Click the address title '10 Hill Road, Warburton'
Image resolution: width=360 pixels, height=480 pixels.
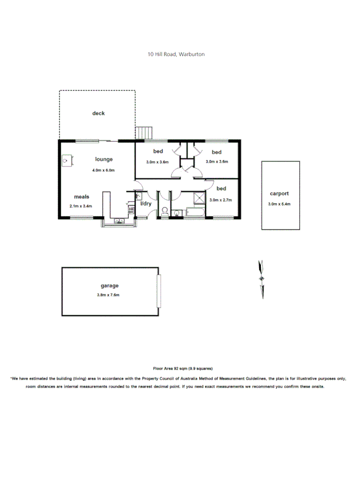click(176, 54)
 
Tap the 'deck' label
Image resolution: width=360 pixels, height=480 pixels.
click(99, 113)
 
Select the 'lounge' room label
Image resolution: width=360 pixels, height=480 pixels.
click(103, 159)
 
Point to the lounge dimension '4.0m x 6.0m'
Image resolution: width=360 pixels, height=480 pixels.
click(103, 170)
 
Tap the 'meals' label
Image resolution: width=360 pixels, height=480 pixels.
click(82, 196)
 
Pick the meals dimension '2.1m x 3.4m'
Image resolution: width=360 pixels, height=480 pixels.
click(81, 206)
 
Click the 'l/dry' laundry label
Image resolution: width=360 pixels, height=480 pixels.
click(146, 204)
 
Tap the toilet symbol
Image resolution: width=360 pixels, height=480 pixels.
click(165, 211)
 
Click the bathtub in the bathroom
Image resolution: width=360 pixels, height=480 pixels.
click(194, 213)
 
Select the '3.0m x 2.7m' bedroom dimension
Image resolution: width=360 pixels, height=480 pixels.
click(221, 200)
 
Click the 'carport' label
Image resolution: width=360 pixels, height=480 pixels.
click(279, 194)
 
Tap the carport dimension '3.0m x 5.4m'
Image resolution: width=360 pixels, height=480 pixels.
click(279, 204)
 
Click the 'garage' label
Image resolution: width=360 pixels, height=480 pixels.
click(109, 286)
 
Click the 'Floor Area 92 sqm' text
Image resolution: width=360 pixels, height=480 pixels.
click(182, 368)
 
